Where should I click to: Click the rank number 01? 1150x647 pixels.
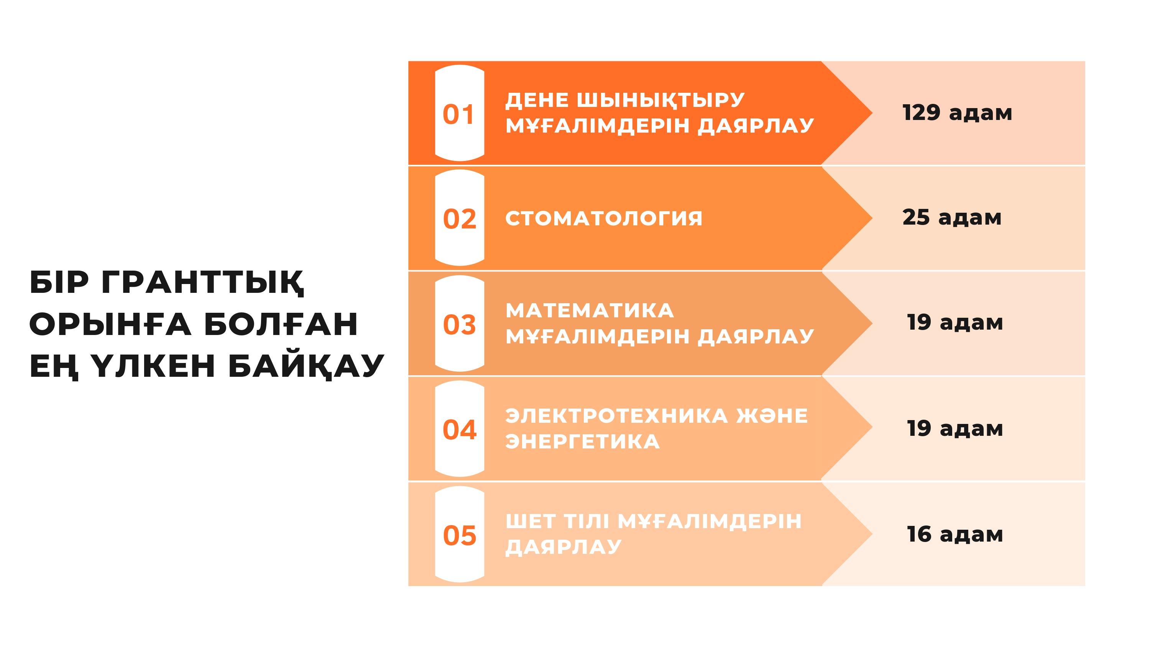click(458, 114)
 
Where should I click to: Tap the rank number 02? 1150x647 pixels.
click(459, 219)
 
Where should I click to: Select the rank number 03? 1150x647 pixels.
click(459, 325)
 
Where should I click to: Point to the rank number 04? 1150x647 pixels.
click(459, 430)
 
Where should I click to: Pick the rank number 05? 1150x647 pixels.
click(459, 535)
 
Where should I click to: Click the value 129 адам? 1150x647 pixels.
click(957, 113)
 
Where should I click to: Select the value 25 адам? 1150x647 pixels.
click(952, 217)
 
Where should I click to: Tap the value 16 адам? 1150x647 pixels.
click(955, 534)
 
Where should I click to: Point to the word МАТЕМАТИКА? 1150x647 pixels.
click(590, 311)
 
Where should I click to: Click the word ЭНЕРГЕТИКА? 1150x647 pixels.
click(583, 442)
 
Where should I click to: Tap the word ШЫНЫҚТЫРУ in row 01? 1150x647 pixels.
click(661, 100)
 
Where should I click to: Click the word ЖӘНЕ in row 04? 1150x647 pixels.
click(772, 416)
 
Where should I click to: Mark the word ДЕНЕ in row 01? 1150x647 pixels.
click(537, 100)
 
